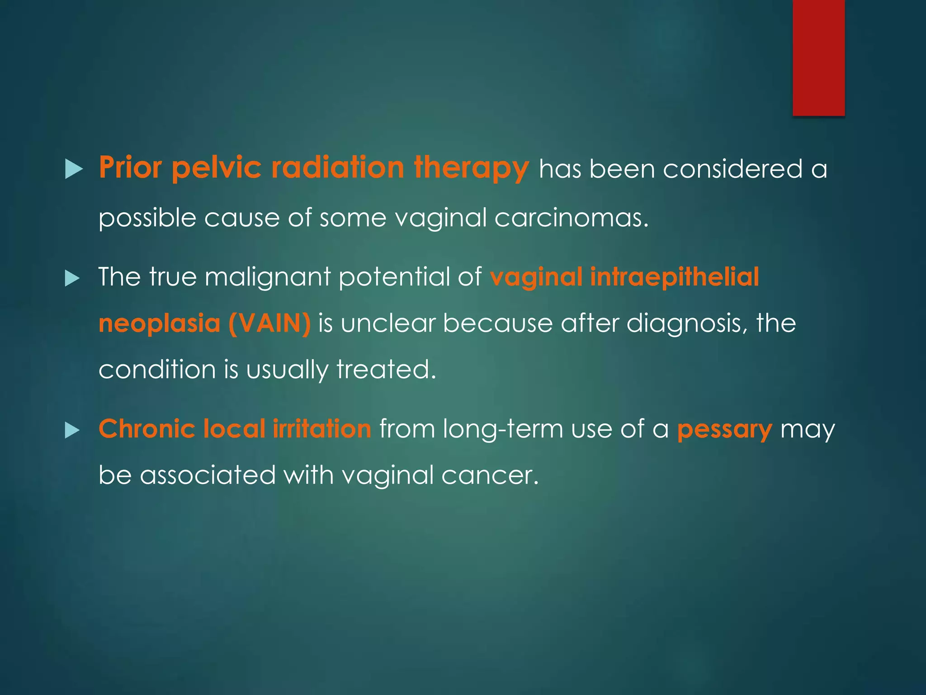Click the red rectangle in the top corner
[818, 57]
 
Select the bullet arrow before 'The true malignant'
[72, 278]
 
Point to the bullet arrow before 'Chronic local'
[72, 430]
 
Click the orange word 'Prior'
[130, 168]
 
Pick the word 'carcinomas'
[571, 218]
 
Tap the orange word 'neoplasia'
[159, 324]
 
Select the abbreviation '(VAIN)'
[269, 324]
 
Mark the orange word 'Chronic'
[147, 429]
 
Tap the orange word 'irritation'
[322, 429]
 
